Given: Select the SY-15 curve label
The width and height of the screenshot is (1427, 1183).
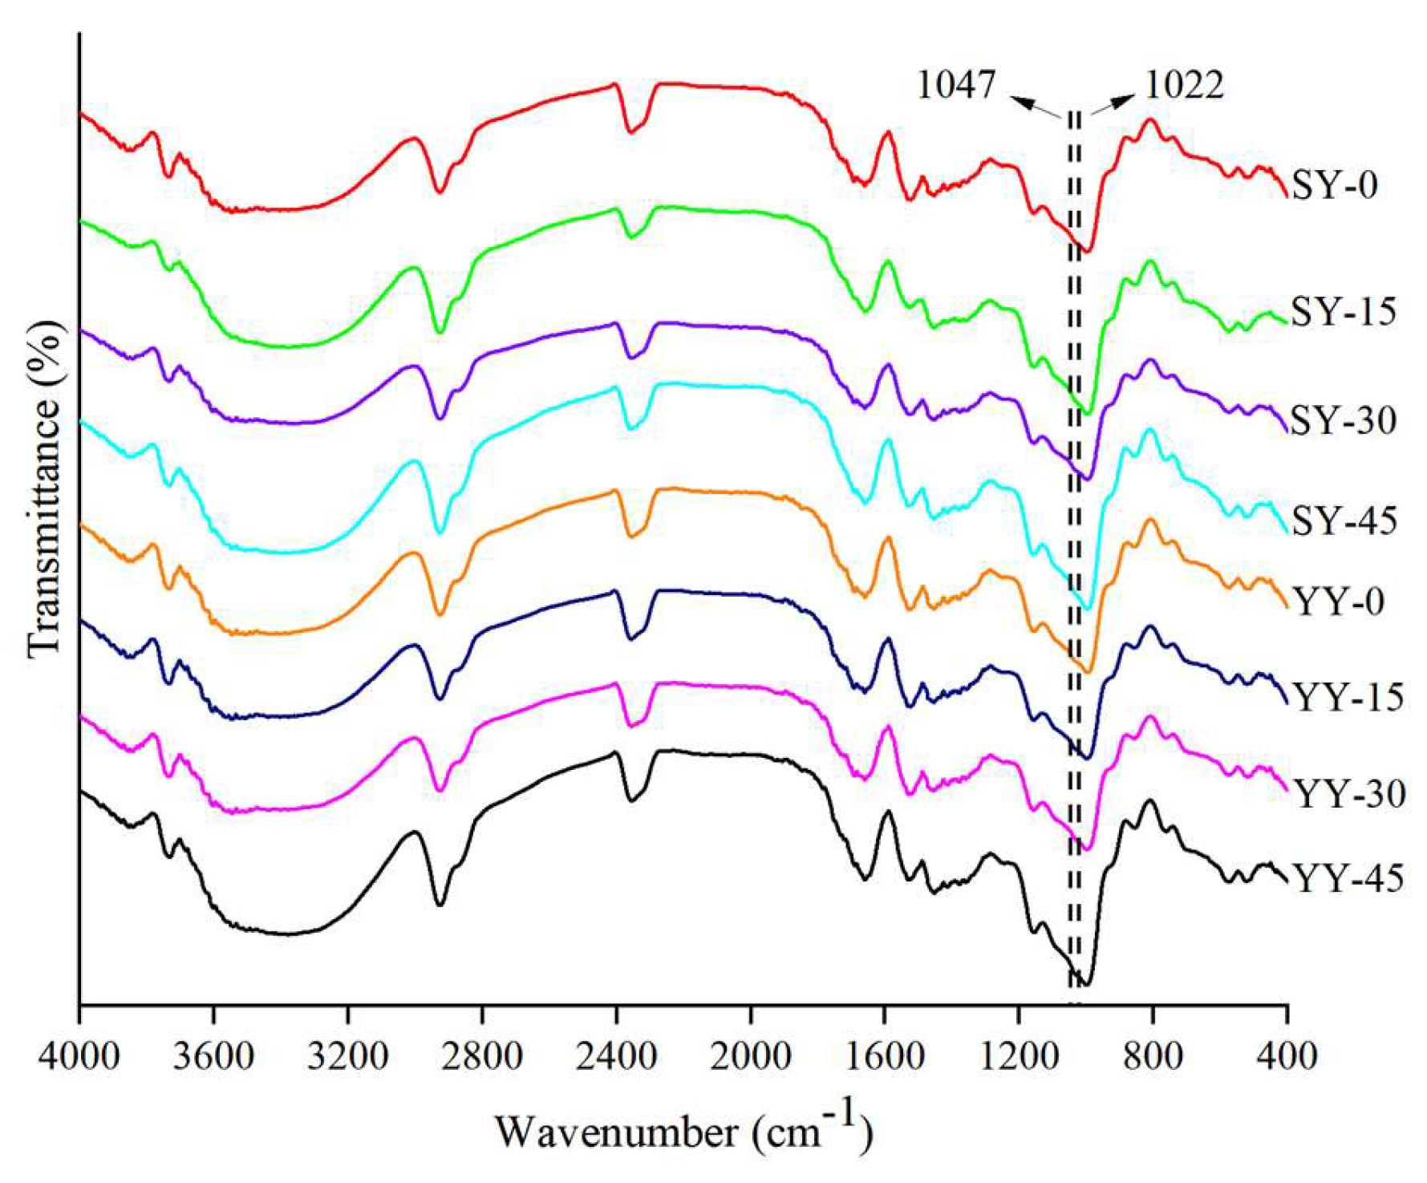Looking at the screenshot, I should [1344, 311].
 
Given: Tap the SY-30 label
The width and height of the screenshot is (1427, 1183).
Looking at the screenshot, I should [1344, 420].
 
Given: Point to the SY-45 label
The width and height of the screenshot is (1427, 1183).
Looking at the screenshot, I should [1344, 521].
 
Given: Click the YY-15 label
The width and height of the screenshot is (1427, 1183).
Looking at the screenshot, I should [1348, 697].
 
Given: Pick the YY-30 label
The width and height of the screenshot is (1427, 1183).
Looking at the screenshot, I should [1350, 794].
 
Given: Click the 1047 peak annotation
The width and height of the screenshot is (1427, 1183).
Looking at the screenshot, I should [956, 84].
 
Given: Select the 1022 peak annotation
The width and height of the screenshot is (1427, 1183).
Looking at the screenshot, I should [1184, 84].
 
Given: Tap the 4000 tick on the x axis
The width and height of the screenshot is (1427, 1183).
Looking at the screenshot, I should [79, 1055].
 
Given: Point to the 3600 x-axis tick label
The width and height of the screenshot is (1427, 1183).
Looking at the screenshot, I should [213, 1055].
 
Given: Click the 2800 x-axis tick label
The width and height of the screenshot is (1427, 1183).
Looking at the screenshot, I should [482, 1055].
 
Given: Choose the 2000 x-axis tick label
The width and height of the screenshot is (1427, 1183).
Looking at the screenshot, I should [751, 1055].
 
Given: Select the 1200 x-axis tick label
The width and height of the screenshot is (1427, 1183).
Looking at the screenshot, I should [1019, 1055].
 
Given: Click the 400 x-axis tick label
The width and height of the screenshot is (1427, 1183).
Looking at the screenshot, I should [1286, 1055].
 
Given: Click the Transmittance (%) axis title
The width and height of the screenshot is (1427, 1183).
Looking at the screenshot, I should [45, 489].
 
